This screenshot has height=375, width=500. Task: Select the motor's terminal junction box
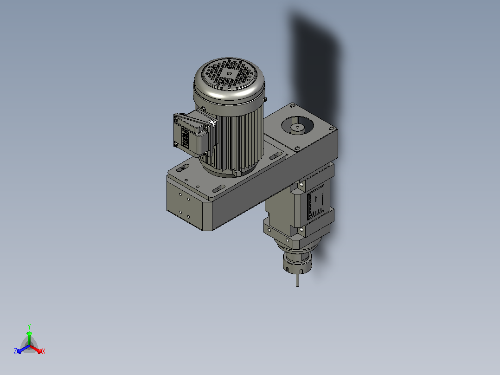tap(193, 135)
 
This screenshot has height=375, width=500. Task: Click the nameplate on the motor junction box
tap(185, 138)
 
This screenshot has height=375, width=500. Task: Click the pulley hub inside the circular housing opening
tap(298, 128)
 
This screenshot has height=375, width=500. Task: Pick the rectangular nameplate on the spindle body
tap(316, 202)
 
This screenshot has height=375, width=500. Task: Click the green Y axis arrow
tap(29, 338)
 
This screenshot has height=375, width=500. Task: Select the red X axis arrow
tap(36, 349)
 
